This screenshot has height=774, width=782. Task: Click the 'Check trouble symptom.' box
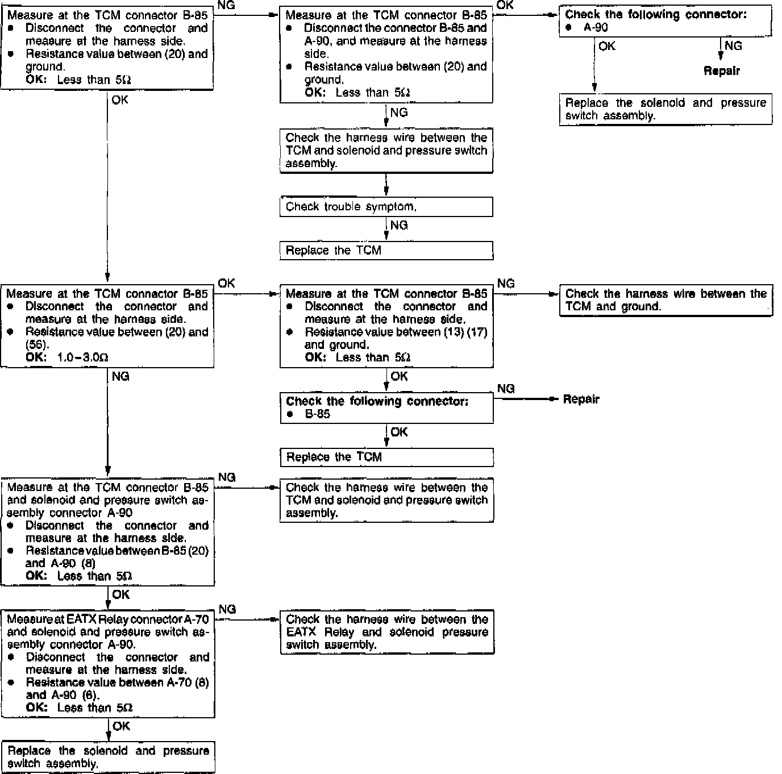click(386, 207)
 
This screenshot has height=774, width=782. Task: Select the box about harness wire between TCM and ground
click(665, 300)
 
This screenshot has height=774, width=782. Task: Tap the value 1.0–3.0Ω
click(83, 357)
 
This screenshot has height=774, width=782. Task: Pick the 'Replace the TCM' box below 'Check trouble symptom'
click(386, 251)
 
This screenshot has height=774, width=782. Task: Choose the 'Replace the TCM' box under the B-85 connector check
click(386, 457)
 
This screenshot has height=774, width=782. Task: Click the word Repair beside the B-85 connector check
click(581, 400)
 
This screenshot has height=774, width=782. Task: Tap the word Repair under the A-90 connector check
click(722, 71)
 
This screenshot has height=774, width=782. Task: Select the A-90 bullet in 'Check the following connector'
click(596, 27)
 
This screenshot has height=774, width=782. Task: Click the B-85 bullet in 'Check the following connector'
click(317, 414)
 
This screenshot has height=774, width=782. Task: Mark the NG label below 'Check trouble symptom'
click(399, 226)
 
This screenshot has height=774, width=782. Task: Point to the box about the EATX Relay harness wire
click(386, 632)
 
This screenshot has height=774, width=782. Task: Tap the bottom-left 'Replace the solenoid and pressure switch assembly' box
click(108, 757)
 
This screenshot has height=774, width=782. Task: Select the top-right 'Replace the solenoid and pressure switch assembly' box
click(665, 109)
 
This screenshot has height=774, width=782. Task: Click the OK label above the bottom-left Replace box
click(121, 726)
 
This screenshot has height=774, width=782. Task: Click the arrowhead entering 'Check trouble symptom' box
click(386, 194)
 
